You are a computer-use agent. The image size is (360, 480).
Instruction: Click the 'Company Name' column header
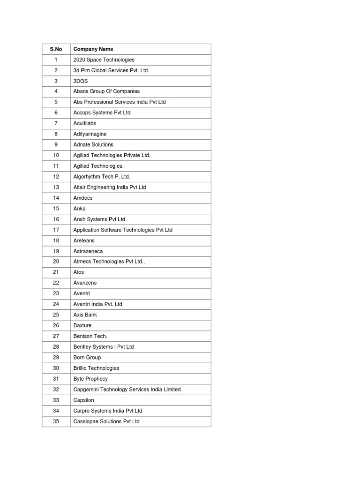point(93,49)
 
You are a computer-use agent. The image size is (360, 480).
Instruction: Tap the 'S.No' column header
point(56,49)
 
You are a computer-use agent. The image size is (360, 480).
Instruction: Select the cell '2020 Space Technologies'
point(104,60)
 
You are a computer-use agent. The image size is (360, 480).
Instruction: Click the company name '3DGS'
point(81,81)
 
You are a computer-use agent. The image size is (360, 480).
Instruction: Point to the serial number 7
point(56,123)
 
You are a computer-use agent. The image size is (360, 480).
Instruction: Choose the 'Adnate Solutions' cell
point(93,145)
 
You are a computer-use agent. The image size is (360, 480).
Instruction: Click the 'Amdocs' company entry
point(83,198)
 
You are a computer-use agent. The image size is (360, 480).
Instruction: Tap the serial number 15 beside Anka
point(56,209)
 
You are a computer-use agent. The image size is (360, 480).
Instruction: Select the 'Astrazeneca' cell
point(88,251)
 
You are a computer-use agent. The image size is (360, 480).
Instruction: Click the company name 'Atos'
point(79,272)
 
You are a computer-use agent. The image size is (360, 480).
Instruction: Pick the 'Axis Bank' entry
point(85,315)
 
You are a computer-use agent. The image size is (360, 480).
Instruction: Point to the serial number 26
point(56,325)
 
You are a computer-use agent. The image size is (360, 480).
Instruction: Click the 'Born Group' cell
point(87,358)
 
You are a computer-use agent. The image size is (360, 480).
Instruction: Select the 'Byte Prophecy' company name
point(90,379)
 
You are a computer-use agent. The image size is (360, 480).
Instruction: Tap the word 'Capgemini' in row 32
point(85,390)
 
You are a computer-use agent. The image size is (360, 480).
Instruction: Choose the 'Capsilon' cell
point(84,400)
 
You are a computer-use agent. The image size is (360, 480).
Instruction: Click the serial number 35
point(56,421)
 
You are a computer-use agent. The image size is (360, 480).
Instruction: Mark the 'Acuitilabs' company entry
point(85,123)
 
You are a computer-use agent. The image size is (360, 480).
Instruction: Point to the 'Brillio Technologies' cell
point(96,368)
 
